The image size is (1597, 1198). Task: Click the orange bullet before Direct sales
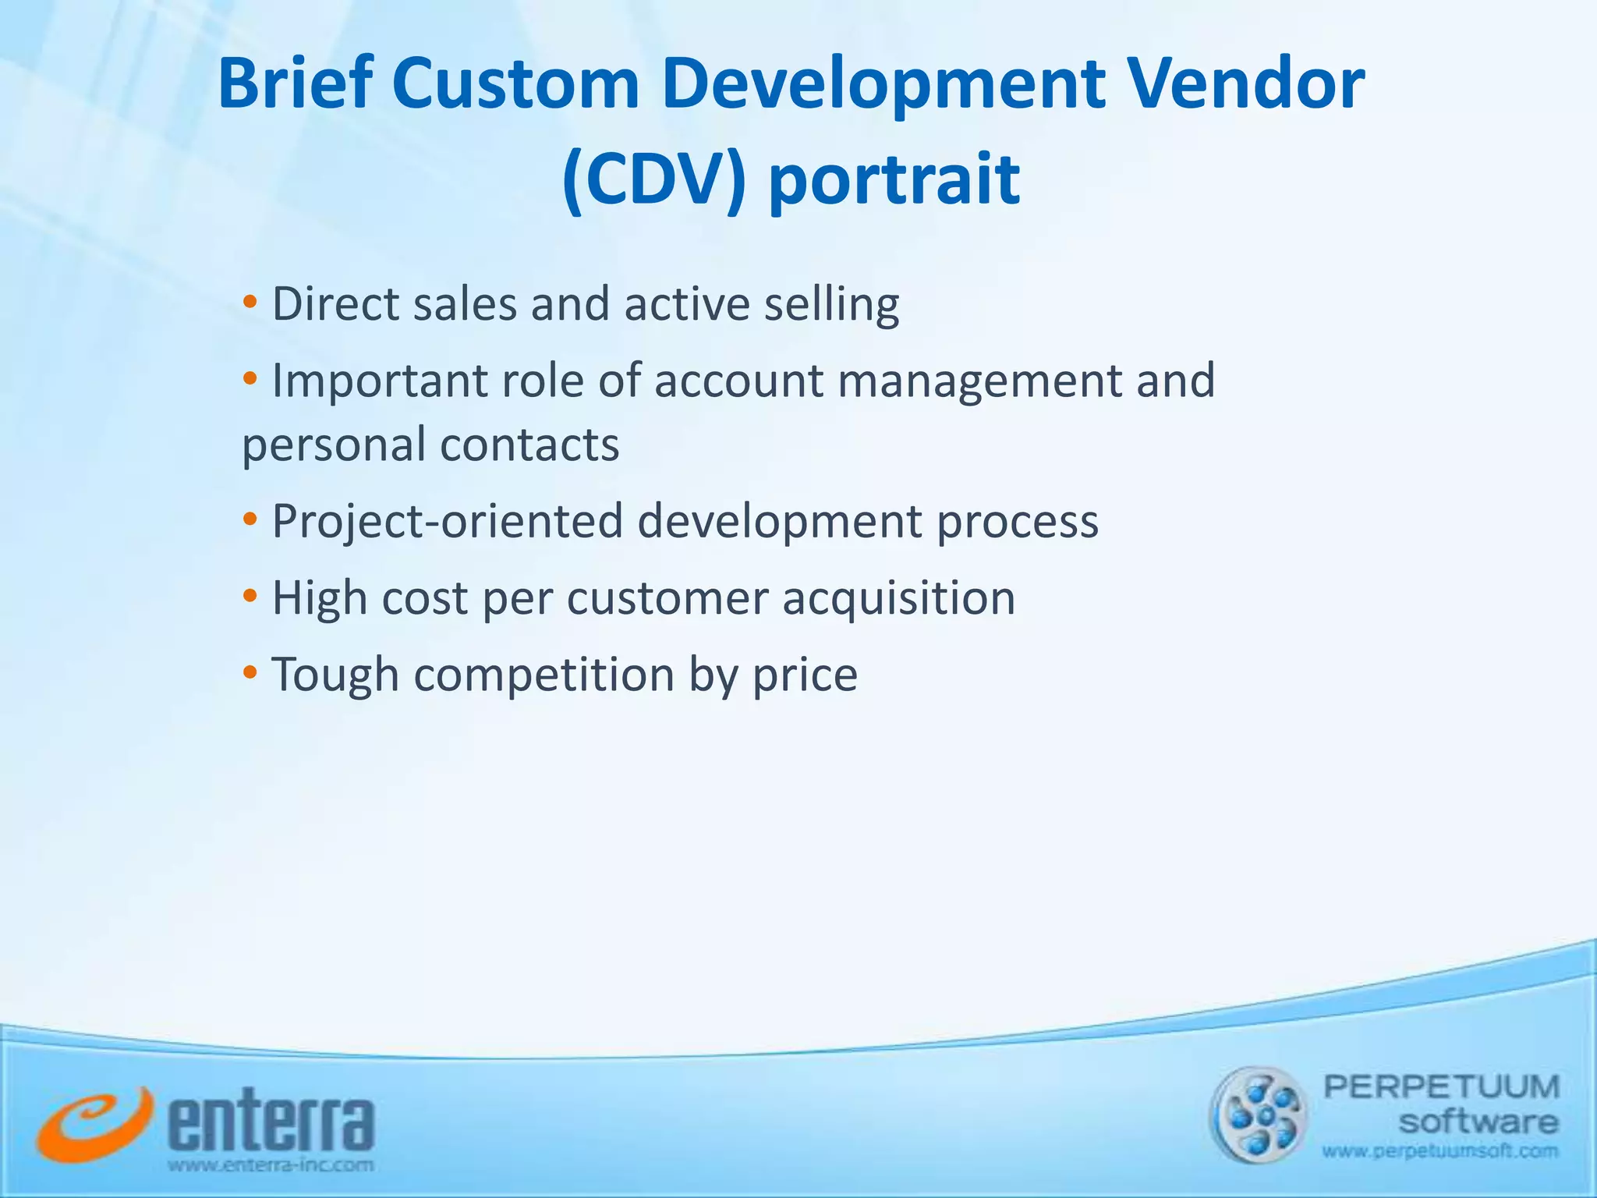click(250, 302)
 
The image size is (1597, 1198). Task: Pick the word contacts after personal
click(529, 445)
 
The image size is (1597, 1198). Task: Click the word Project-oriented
click(447, 521)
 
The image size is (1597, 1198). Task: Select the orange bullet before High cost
click(250, 597)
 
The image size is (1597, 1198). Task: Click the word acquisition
click(898, 599)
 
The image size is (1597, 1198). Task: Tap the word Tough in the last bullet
click(335, 675)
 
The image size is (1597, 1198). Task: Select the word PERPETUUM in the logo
click(1441, 1086)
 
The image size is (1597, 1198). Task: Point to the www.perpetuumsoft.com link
click(1439, 1151)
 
